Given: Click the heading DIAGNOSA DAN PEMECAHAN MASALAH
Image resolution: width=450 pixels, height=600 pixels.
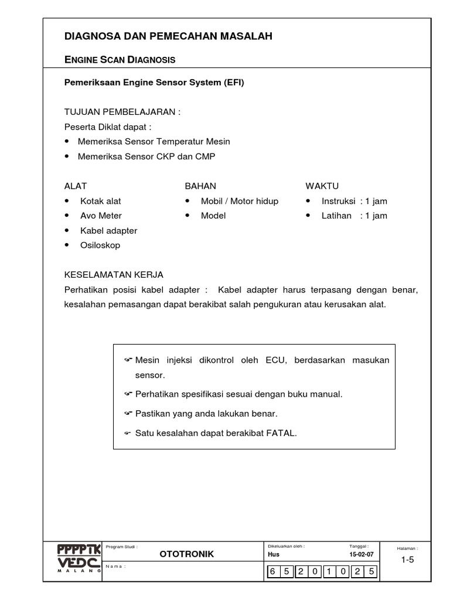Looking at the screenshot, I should [x=168, y=36].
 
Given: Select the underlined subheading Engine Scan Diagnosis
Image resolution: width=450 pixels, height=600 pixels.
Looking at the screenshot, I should [x=120, y=60].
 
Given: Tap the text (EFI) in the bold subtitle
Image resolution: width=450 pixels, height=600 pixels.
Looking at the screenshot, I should [x=233, y=83].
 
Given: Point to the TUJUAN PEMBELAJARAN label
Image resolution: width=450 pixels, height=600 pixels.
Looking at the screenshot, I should [x=122, y=112].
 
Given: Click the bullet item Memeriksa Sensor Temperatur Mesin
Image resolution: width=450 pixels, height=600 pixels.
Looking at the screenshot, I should [x=155, y=141].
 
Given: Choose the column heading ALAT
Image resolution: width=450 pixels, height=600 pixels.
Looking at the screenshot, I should [x=76, y=186].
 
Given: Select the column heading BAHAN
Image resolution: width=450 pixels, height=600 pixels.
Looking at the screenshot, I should [x=200, y=186].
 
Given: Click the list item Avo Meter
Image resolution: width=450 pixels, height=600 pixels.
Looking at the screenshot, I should [x=101, y=216].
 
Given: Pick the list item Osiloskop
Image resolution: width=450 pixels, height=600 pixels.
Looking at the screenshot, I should [x=100, y=245].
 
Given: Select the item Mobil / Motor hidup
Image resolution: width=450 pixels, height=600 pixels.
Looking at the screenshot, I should [x=240, y=201].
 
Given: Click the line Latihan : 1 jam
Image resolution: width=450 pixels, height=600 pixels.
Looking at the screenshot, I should [x=354, y=216].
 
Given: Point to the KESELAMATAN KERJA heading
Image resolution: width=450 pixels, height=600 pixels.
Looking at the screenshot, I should [x=114, y=274].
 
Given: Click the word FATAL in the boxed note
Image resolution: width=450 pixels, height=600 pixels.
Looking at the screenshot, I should [x=282, y=433].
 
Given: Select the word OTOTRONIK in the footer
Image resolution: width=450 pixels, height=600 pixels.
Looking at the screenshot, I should [x=187, y=554].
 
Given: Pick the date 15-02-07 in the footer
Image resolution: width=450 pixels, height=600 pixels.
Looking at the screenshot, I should [x=361, y=554].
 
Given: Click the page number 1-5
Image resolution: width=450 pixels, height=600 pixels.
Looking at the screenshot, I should [x=407, y=560].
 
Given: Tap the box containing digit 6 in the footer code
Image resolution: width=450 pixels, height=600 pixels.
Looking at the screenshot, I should [x=274, y=571].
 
